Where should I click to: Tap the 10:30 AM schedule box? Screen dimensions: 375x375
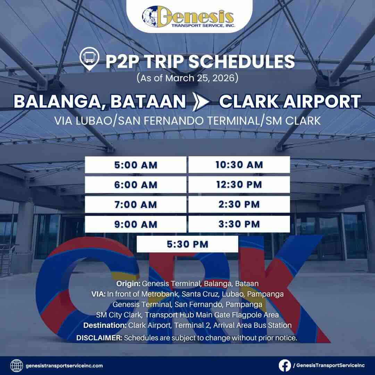click(x=239, y=165)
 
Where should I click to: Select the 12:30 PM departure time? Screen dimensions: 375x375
click(x=239, y=184)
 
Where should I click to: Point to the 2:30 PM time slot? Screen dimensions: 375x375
click(x=239, y=204)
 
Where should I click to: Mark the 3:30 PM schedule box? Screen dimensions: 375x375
click(x=239, y=224)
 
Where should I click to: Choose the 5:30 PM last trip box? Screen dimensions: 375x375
click(x=187, y=244)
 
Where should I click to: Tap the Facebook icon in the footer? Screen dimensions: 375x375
click(x=284, y=365)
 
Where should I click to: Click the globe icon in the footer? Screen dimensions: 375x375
click(x=17, y=366)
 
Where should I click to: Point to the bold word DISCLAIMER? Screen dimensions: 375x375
click(x=99, y=338)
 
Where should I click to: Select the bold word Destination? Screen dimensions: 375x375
click(x=105, y=325)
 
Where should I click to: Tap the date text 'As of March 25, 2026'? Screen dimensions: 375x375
click(x=187, y=78)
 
